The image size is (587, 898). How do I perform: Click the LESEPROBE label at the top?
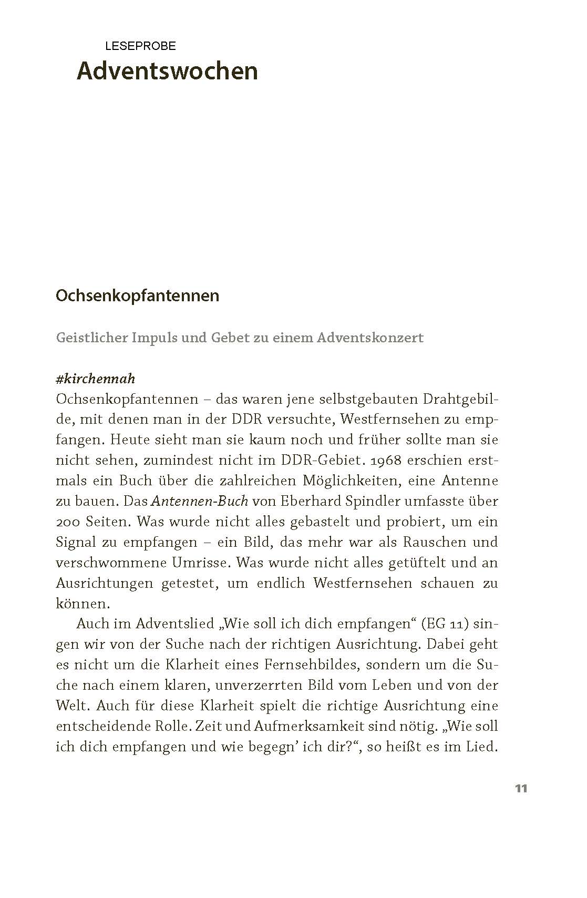[140, 46]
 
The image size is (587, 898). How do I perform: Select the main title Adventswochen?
[167, 71]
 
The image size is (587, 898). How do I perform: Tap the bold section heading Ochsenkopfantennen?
[137, 295]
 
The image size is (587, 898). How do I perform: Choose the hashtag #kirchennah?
[95, 379]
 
